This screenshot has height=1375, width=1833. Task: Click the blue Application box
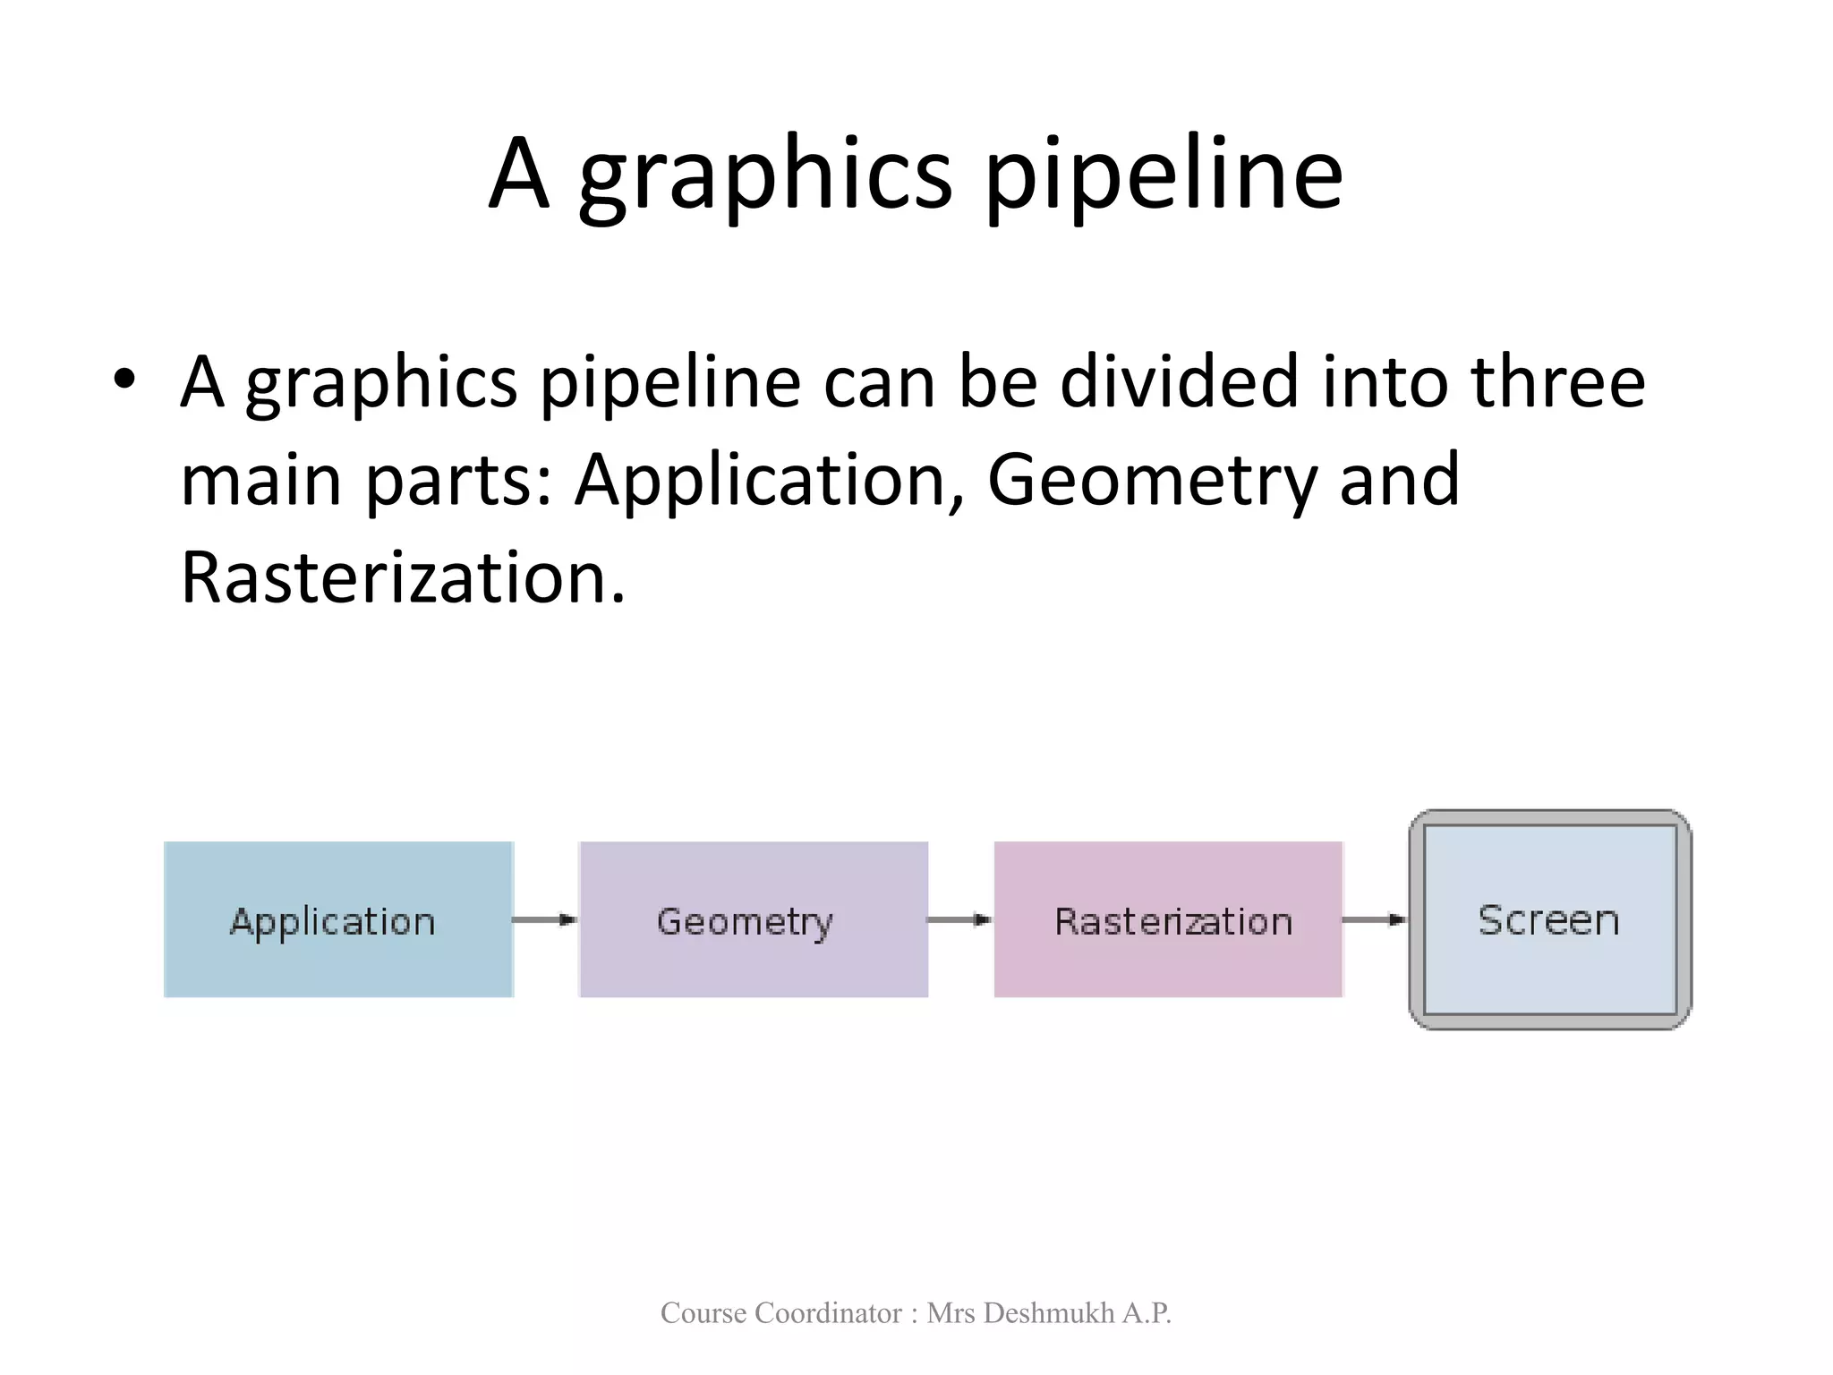[338, 919]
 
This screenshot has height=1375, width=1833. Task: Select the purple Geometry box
[753, 919]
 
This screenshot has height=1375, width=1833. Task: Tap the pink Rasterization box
[1168, 919]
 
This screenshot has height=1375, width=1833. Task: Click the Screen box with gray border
[1549, 919]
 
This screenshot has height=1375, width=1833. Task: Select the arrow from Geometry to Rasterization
[959, 919]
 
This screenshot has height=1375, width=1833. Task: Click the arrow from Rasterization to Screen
[1375, 919]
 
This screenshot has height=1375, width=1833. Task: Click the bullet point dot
[124, 380]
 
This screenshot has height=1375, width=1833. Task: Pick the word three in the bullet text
[1557, 381]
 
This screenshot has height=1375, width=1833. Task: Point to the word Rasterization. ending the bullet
[403, 578]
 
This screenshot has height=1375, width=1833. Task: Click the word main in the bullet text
[261, 481]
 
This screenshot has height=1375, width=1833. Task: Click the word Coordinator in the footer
[828, 1313]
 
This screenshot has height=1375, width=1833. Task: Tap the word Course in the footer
[703, 1313]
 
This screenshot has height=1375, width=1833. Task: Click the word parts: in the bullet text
[459, 481]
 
